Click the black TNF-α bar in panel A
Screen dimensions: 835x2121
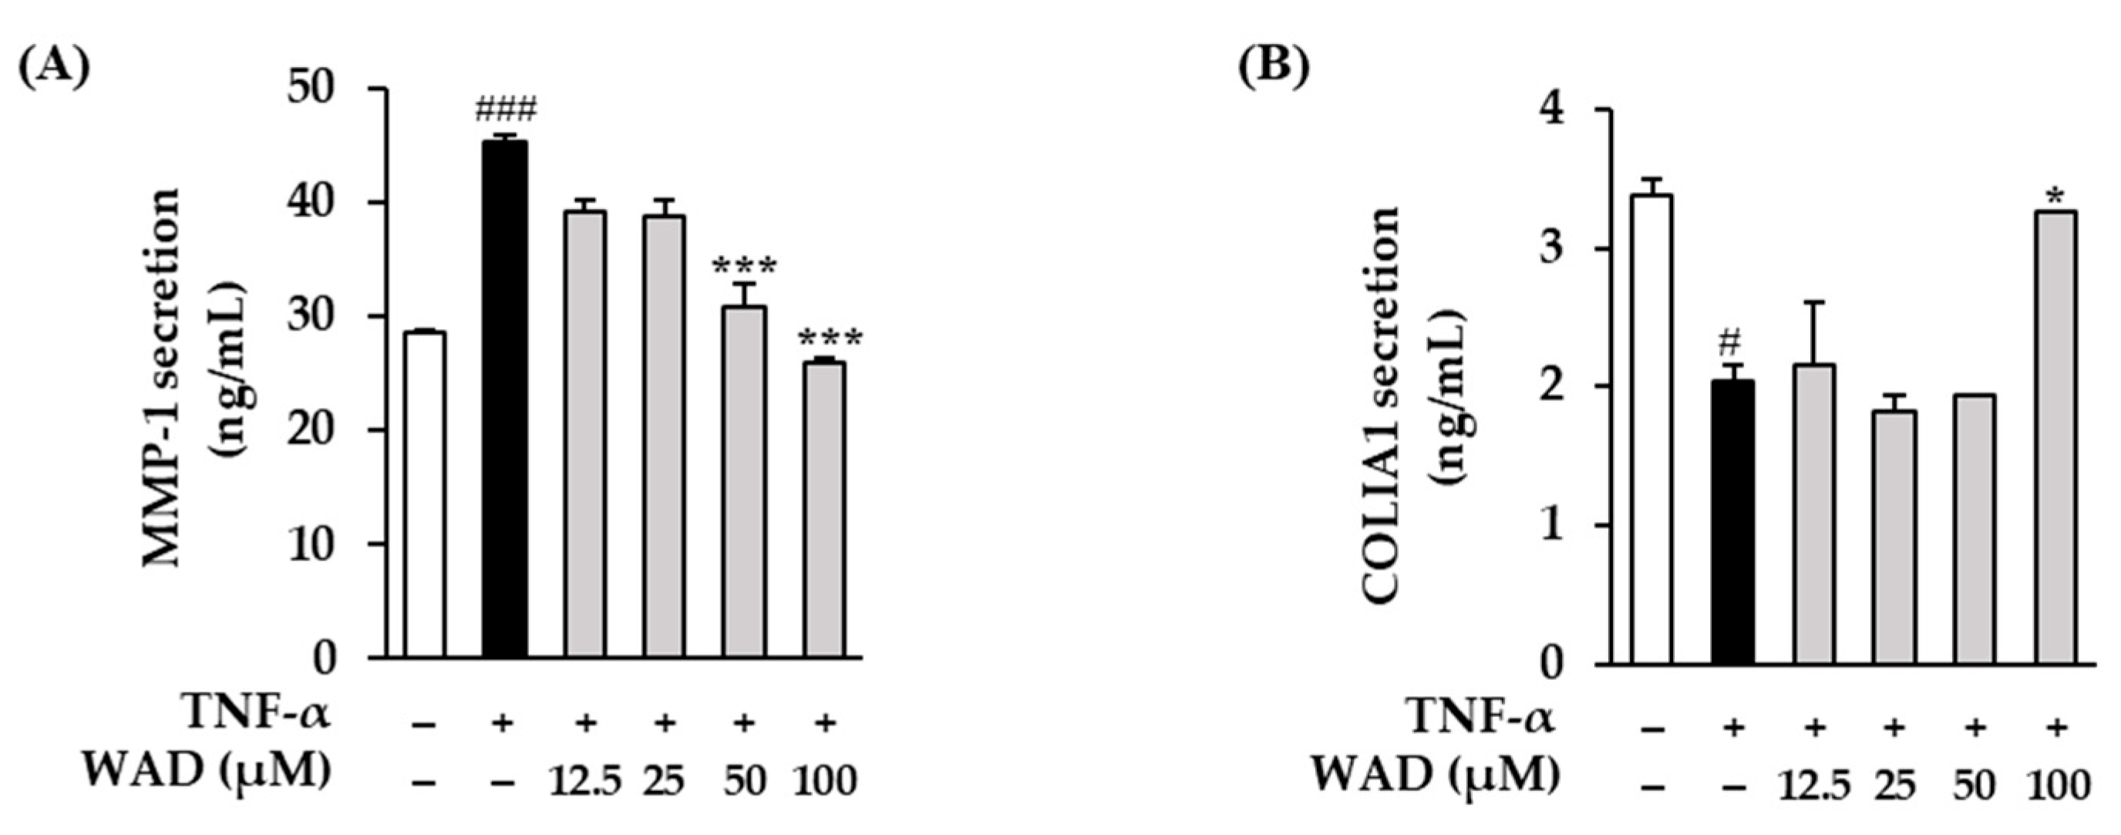[x=504, y=399]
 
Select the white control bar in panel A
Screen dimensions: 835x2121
[x=424, y=494]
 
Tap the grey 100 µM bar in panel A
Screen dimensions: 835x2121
[x=824, y=510]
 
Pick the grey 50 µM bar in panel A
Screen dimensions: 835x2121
[x=744, y=482]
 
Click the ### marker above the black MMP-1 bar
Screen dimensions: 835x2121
[x=505, y=109]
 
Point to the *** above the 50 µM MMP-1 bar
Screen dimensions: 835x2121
[x=743, y=267]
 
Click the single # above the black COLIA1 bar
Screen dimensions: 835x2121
[x=1732, y=341]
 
